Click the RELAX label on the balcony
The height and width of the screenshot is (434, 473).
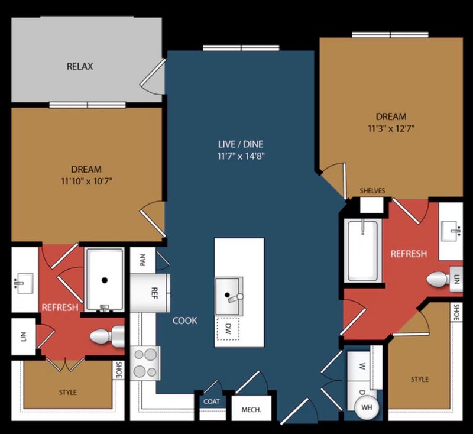pos(80,66)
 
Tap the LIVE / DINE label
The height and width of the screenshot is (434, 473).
pos(241,144)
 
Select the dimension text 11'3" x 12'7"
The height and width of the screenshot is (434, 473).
pos(391,129)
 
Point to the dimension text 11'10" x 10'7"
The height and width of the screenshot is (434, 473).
pos(87,182)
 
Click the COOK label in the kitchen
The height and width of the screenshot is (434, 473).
pos(185,320)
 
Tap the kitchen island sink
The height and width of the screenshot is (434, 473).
pos(229,296)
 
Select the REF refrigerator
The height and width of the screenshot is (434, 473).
pos(150,293)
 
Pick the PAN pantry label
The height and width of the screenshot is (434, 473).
pos(142,260)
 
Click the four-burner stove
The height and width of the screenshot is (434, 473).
pos(145,363)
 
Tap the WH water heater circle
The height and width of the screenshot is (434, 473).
pos(367,407)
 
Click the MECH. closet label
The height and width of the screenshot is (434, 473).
pos(252,410)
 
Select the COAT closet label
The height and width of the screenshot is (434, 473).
pos(212,401)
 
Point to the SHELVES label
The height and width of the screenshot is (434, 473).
pos(372,191)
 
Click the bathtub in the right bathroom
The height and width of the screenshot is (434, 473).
pos(363,251)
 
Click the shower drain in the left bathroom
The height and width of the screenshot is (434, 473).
pos(105,280)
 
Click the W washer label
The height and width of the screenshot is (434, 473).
pos(362,367)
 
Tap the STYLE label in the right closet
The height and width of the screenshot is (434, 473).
pos(420,379)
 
